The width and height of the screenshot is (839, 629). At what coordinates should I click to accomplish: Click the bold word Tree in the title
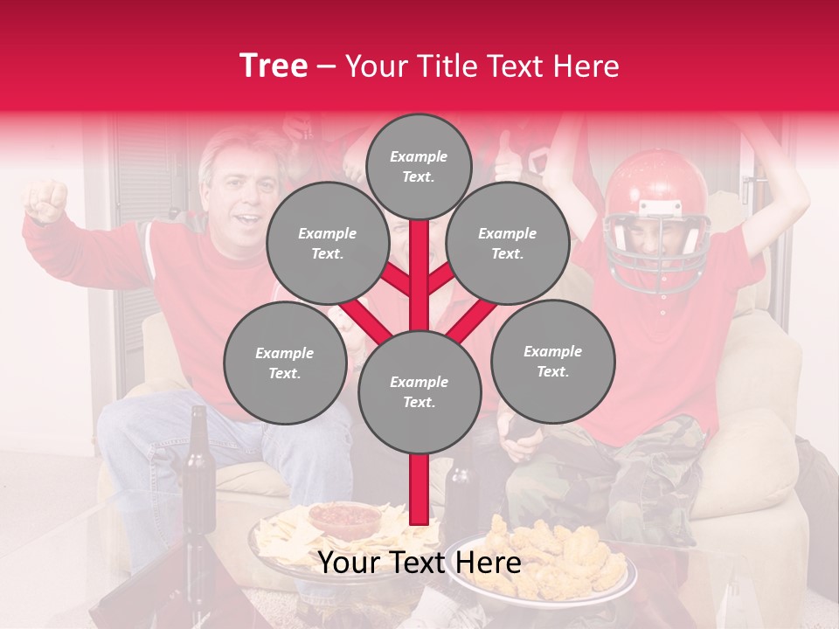click(x=274, y=66)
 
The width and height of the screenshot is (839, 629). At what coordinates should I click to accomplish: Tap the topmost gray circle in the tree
click(x=419, y=166)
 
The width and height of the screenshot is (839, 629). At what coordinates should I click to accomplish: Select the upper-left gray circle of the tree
click(x=327, y=243)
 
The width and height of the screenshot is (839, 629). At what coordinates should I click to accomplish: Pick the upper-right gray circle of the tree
click(x=507, y=243)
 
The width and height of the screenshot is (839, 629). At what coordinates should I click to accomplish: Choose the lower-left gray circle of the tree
click(x=284, y=363)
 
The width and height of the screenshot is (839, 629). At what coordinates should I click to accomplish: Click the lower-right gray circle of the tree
click(x=552, y=361)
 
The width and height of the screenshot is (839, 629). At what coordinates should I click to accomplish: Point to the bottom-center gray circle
click(x=419, y=391)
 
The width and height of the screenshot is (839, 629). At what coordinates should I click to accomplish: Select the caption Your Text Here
click(x=419, y=563)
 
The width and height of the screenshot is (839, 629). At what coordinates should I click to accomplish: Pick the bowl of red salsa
click(x=344, y=520)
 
